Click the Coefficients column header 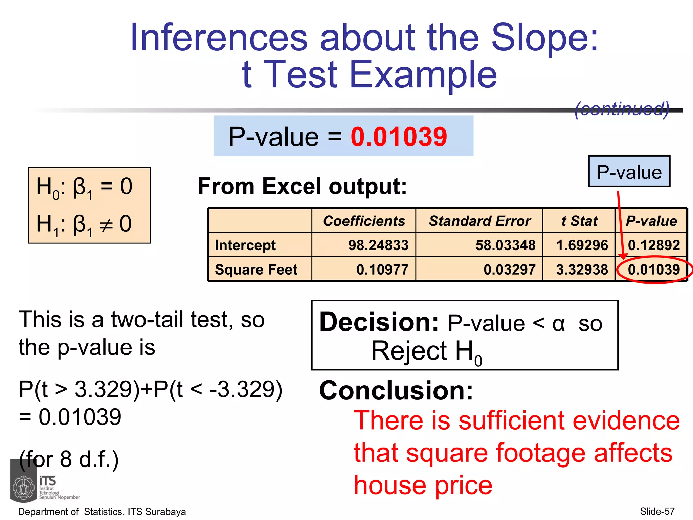364,221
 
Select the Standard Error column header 479,221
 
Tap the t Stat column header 579,221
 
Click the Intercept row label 245,245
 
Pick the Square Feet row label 256,269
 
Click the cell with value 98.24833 378,245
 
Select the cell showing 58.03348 505,245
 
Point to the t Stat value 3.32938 582,269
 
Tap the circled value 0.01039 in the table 654,269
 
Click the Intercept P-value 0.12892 654,245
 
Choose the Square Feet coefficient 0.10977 382,269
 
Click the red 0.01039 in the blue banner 399,136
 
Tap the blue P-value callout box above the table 629,172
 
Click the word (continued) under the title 622,109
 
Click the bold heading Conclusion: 396,390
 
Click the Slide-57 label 657,511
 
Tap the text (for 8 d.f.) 69,459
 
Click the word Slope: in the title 544,37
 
